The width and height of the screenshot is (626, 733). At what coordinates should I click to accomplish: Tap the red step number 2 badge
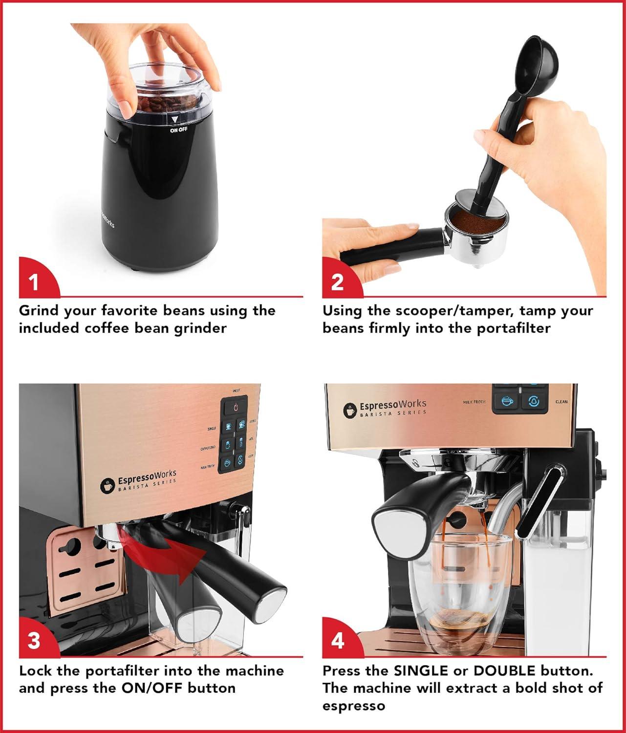tap(337, 282)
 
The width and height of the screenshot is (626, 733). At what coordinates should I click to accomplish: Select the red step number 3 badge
tap(34, 641)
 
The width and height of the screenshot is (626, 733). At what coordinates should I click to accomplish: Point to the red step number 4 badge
tap(338, 641)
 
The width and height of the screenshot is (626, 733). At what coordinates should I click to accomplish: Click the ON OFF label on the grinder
tap(178, 130)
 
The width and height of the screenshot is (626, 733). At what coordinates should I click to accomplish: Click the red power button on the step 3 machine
tap(236, 407)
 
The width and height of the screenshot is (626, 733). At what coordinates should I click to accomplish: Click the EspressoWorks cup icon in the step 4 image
tap(349, 410)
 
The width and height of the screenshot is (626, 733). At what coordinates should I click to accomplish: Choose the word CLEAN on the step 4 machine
tap(561, 402)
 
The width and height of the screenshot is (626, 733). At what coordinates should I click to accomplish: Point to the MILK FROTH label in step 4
tap(474, 402)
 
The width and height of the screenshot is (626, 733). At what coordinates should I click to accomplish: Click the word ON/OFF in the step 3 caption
tap(152, 688)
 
